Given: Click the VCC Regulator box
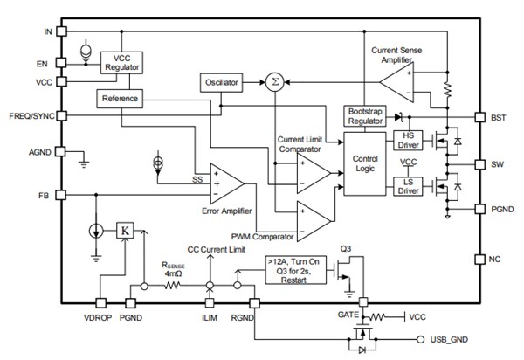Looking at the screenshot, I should coord(122,61).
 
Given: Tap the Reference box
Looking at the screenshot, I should coord(120,99).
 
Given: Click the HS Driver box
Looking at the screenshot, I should coord(408,139).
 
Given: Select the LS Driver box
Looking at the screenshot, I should coord(408,184).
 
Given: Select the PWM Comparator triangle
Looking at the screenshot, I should coord(312,219).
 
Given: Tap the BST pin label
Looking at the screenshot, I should coord(499,117).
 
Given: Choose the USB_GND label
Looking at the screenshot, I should coord(453,339).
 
